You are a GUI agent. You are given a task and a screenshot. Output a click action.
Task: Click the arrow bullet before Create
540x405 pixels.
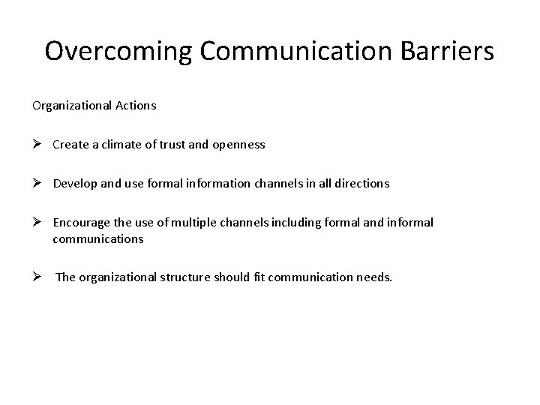click(37, 145)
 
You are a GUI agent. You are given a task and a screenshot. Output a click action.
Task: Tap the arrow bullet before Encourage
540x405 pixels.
click(37, 223)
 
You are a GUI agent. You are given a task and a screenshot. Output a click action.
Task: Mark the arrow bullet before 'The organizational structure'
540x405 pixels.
click(37, 277)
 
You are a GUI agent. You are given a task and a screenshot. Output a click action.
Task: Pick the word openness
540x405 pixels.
click(239, 145)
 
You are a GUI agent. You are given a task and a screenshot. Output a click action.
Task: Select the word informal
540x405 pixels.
click(408, 223)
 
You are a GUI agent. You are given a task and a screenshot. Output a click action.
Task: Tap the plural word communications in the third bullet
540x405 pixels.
click(97, 239)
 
